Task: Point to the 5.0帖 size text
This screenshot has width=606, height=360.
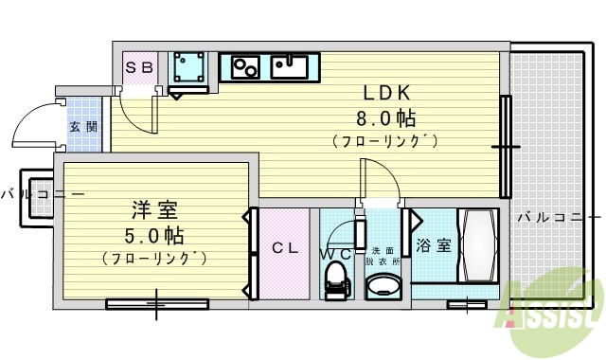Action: pos(151,235)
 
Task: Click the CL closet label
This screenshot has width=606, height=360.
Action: pos(286,249)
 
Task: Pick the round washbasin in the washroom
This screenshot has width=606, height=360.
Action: pos(383,286)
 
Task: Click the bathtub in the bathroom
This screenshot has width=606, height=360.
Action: pos(478,246)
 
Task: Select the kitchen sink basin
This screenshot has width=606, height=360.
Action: pos(288,67)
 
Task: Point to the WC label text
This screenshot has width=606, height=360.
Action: pos(335,254)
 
